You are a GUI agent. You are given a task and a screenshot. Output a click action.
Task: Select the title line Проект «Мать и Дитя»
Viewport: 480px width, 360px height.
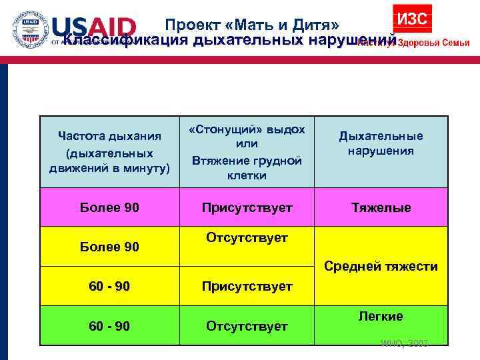[x=253, y=25]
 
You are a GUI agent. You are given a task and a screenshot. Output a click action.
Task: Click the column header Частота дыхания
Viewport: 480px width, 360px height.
[x=109, y=137]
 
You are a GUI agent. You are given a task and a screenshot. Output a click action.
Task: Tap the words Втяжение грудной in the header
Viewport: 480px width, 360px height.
[x=247, y=160]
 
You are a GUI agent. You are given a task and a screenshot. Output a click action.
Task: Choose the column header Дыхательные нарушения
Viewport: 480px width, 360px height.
[x=381, y=143]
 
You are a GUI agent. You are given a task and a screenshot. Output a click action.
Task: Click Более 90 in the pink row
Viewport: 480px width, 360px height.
[x=109, y=208]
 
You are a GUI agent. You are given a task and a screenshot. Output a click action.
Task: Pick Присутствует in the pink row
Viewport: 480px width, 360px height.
[x=247, y=208]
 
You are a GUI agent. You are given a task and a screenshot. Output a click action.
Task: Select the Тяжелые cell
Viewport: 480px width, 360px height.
[x=381, y=208]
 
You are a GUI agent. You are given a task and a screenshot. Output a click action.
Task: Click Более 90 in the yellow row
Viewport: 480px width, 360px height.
[x=109, y=247]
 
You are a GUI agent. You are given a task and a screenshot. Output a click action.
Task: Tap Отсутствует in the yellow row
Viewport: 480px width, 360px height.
[x=247, y=238]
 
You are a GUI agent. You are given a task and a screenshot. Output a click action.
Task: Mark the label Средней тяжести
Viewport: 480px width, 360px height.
[x=381, y=267]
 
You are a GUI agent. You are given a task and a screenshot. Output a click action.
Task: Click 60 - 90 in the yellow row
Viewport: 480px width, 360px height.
[x=109, y=287]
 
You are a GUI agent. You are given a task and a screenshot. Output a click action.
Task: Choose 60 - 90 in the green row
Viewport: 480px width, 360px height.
[x=109, y=326]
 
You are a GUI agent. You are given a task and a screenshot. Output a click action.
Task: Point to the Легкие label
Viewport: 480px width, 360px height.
[x=381, y=316]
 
